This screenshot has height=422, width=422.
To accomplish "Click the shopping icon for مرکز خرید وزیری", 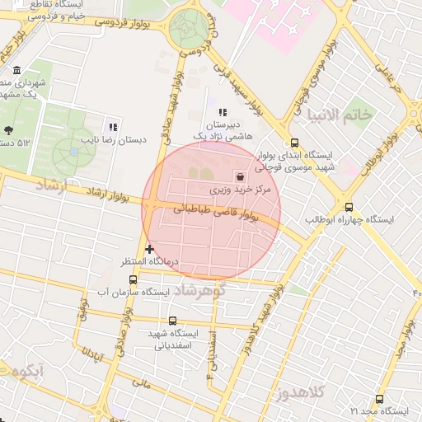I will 240,176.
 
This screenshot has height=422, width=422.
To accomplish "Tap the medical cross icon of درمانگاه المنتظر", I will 149,248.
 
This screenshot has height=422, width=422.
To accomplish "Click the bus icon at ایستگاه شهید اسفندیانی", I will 172,321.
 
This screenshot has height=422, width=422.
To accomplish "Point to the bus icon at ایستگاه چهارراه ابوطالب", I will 349,208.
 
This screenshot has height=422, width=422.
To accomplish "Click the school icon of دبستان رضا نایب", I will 113,127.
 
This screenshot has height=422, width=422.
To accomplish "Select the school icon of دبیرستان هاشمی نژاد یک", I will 221,113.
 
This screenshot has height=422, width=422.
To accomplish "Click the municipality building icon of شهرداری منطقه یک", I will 17,71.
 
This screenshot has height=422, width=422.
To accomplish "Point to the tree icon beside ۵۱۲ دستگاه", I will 8,130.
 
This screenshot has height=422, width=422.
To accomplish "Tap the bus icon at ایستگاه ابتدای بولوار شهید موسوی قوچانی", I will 294,142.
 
